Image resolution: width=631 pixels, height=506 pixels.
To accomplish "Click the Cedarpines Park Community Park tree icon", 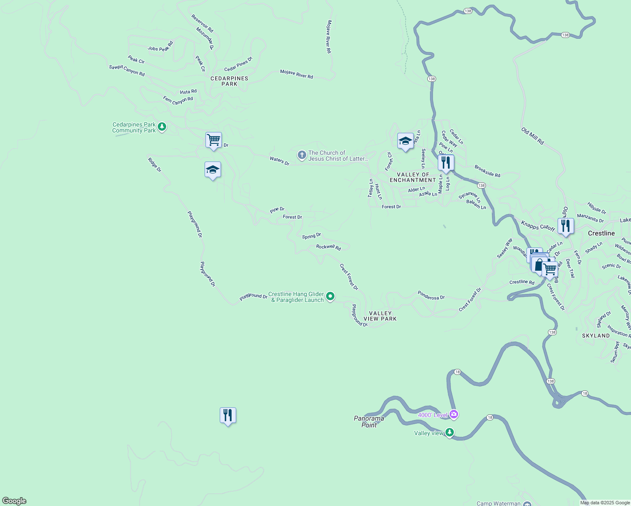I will coord(162,127).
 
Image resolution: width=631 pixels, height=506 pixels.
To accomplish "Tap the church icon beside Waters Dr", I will coord(302,155).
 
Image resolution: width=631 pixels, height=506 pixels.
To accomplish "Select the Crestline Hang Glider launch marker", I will coord(331,296).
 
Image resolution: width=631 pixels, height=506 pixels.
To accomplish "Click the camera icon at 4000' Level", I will coord(454,414).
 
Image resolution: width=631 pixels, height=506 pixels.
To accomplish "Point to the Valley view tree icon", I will coord(450,432).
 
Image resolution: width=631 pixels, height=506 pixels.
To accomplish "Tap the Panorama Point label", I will coord(369,422).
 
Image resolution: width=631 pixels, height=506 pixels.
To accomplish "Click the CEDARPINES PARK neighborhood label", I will coord(229,81).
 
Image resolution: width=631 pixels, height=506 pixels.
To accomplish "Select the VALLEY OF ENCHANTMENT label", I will coord(413,177).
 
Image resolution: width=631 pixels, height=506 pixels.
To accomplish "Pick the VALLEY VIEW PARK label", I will coord(380,316).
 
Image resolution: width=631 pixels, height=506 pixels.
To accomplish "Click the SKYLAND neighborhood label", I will coord(596,336).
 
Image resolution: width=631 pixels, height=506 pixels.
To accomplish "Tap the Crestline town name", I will coord(601,233).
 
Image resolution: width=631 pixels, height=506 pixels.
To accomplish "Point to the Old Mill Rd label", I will coord(532,136).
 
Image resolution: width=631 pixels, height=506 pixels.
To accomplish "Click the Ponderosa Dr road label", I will coord(431,295).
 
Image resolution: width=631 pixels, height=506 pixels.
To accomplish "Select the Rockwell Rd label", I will coord(329,247).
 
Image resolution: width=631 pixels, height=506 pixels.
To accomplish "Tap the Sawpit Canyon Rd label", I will coord(127,70).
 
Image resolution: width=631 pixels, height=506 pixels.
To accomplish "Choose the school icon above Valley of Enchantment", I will coord(405,142).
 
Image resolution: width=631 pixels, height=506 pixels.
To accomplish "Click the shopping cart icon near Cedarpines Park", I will coord(213,140).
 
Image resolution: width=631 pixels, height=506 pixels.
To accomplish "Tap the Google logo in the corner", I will coord(14,501).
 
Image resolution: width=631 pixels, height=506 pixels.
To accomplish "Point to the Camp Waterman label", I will coord(499,503).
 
